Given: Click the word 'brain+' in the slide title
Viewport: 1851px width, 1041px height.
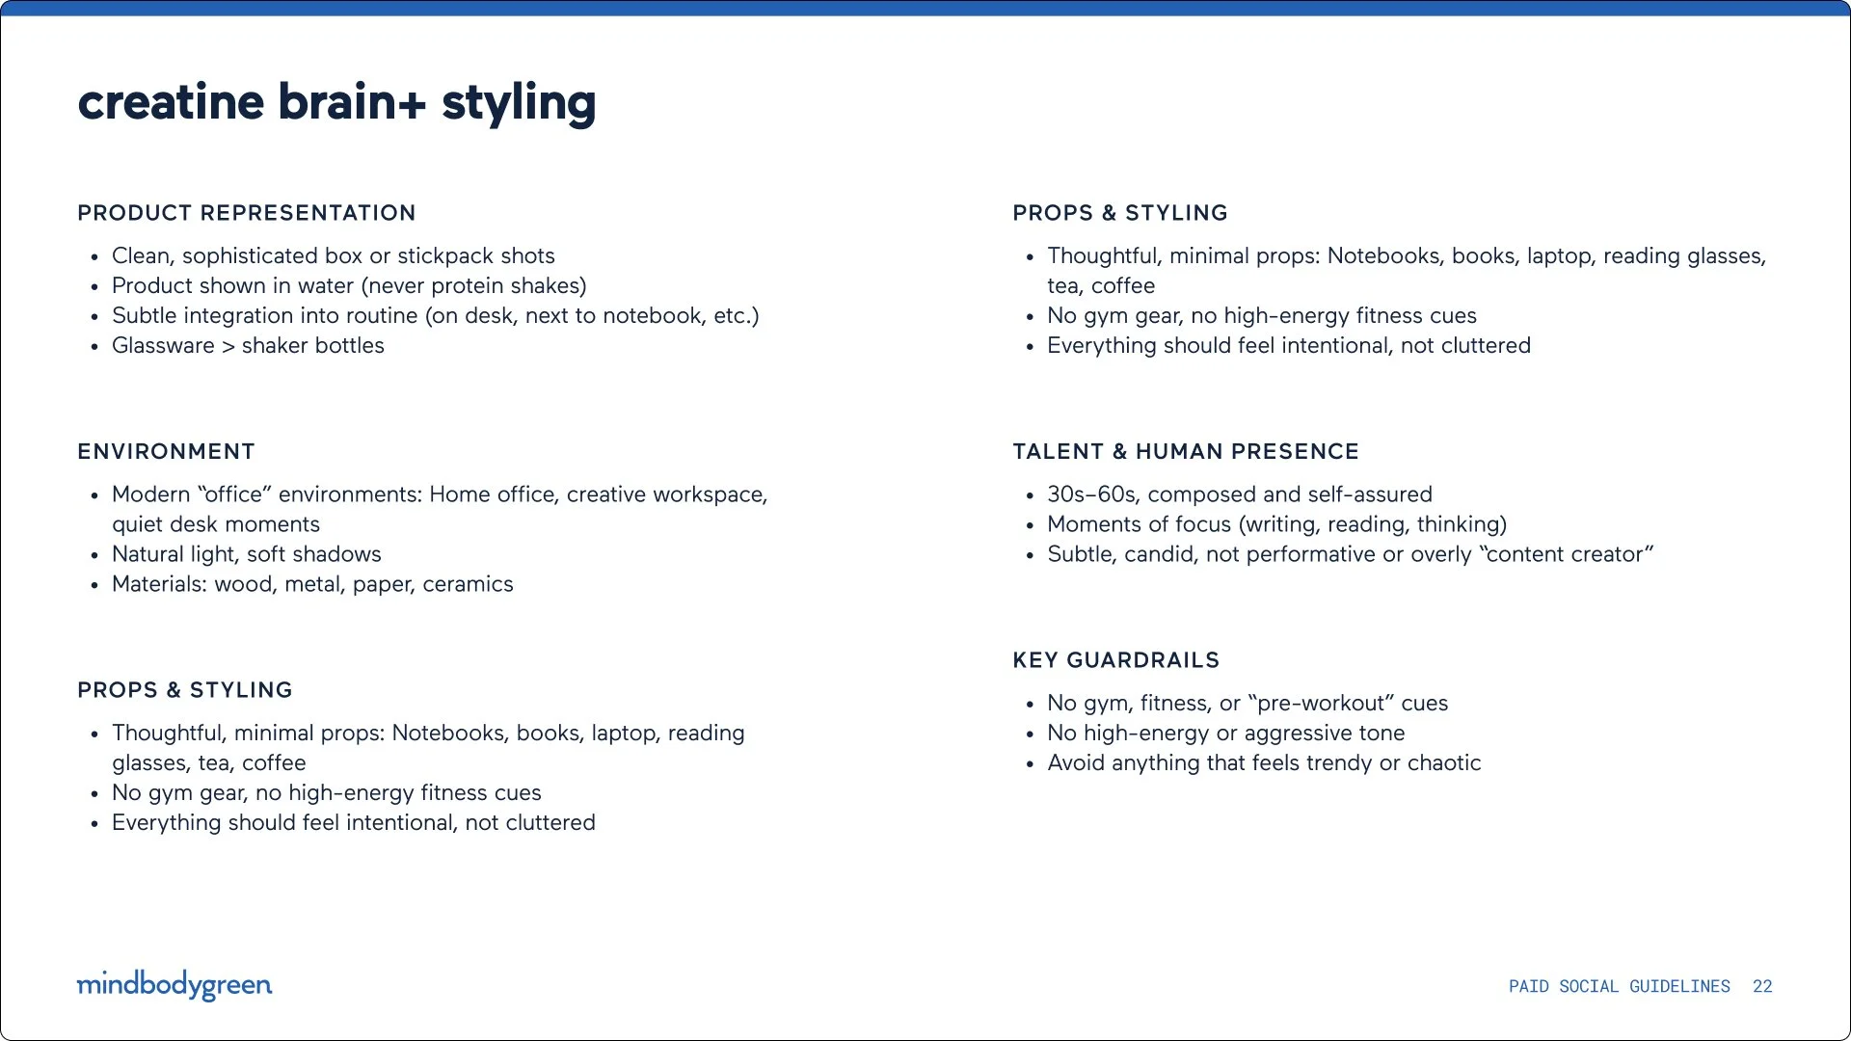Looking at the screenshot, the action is coord(352,101).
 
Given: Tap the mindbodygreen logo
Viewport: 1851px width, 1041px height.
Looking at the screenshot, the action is coord(174,985).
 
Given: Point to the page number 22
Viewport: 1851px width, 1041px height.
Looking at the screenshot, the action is coord(1762,986).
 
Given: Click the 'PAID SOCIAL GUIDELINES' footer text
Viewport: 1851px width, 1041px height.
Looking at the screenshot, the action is coord(1620,986).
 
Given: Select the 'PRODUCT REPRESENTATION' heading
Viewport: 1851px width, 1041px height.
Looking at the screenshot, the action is coord(247,213).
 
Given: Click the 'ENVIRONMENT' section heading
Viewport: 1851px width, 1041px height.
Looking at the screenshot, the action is coord(166,451).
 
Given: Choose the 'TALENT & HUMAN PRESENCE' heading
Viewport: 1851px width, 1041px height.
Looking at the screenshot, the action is coord(1186,451).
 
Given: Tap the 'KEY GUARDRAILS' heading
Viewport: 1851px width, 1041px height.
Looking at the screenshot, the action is coord(1116,660).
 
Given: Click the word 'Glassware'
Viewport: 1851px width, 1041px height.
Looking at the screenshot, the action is coord(163,345).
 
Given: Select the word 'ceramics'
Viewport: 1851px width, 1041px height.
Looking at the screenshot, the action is coord(468,584).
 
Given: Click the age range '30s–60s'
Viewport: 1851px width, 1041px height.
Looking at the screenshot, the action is coord(1091,494).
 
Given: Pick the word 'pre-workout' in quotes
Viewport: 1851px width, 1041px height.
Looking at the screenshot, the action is coord(1321,704).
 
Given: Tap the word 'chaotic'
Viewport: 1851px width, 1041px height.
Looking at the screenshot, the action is coord(1444,762).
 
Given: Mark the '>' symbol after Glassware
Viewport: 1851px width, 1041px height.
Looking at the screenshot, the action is coord(228,346).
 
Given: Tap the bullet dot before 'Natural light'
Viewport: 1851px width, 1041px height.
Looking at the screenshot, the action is coord(94,556).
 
